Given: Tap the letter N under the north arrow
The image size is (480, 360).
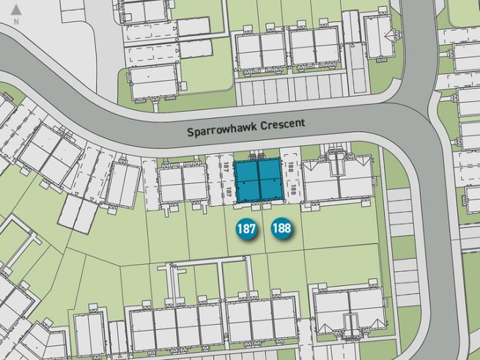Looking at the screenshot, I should pyautogui.click(x=16, y=23).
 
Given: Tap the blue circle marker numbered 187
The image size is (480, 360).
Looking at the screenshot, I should pyautogui.click(x=247, y=229).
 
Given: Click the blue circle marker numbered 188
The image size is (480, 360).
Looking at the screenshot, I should pyautogui.click(x=281, y=229).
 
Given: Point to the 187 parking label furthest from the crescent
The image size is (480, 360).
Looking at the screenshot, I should pyautogui.click(x=228, y=191).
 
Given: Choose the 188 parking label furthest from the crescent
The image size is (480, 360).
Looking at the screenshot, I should pyautogui.click(x=292, y=190).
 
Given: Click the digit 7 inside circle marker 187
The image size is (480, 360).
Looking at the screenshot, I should pyautogui.click(x=253, y=229).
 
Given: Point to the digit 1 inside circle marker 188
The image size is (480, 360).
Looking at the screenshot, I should pyautogui.click(x=276, y=229).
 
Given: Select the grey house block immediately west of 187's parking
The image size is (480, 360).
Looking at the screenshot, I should pyautogui.click(x=183, y=183).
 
